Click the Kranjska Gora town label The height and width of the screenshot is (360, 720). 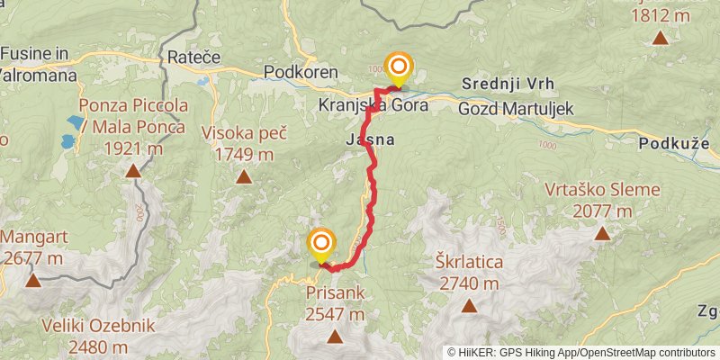pyautogui.click(x=372, y=105)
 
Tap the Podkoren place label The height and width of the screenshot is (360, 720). pyautogui.click(x=301, y=72)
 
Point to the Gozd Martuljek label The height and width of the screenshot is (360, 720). pyautogui.click(x=515, y=108)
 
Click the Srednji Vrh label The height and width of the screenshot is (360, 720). pyautogui.click(x=508, y=84)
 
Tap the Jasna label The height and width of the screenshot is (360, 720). pyautogui.click(x=369, y=140)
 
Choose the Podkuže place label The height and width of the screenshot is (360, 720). pyautogui.click(x=674, y=143)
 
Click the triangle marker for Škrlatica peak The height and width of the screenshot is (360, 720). pyautogui.click(x=469, y=306)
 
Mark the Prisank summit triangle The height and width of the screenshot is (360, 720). pyautogui.click(x=335, y=337)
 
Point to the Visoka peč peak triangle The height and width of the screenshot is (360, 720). pyautogui.click(x=244, y=176)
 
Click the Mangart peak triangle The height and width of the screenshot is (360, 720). pyautogui.click(x=33, y=280)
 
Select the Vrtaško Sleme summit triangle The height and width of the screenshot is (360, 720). pyautogui.click(x=601, y=234)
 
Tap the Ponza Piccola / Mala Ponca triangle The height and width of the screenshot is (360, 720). pyautogui.click(x=133, y=170)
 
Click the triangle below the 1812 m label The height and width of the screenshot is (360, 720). pyautogui.click(x=661, y=38)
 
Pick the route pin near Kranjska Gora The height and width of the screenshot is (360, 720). pyautogui.click(x=398, y=69)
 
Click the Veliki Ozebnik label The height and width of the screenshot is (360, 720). pyautogui.click(x=99, y=325)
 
